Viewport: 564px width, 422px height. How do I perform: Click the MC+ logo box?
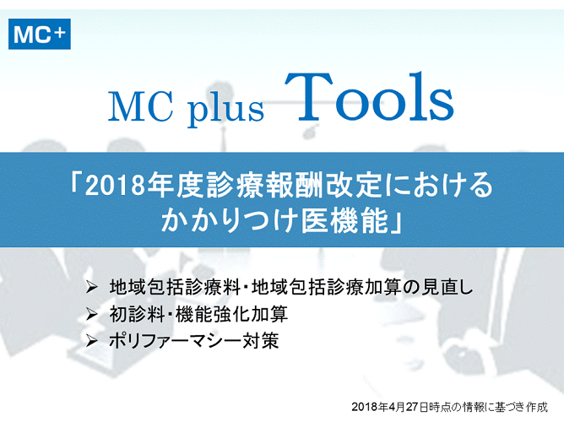click(x=40, y=34)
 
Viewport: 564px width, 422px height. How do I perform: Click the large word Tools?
click(x=370, y=97)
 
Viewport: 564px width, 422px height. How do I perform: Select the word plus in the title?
click(x=225, y=109)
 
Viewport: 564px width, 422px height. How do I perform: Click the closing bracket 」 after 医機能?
click(x=397, y=224)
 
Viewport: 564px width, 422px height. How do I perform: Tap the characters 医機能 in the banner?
click(x=345, y=220)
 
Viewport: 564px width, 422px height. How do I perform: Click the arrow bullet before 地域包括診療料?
click(x=92, y=287)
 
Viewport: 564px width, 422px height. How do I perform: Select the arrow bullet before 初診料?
click(x=92, y=315)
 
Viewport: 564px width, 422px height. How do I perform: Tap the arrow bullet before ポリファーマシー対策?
click(x=92, y=340)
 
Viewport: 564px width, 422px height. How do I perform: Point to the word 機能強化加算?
click(x=231, y=314)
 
